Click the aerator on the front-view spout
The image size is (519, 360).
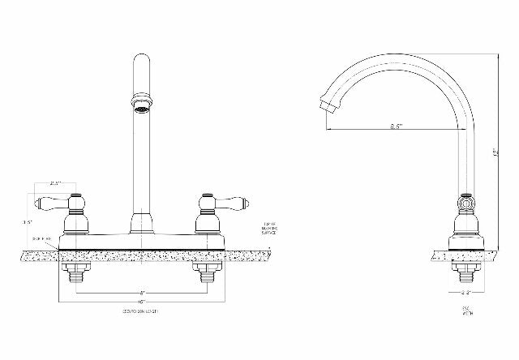coord(141,104)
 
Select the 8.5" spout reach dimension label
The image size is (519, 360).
coord(397,126)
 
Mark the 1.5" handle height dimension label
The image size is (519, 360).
coord(28,221)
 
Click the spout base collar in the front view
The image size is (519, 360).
coord(141,222)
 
